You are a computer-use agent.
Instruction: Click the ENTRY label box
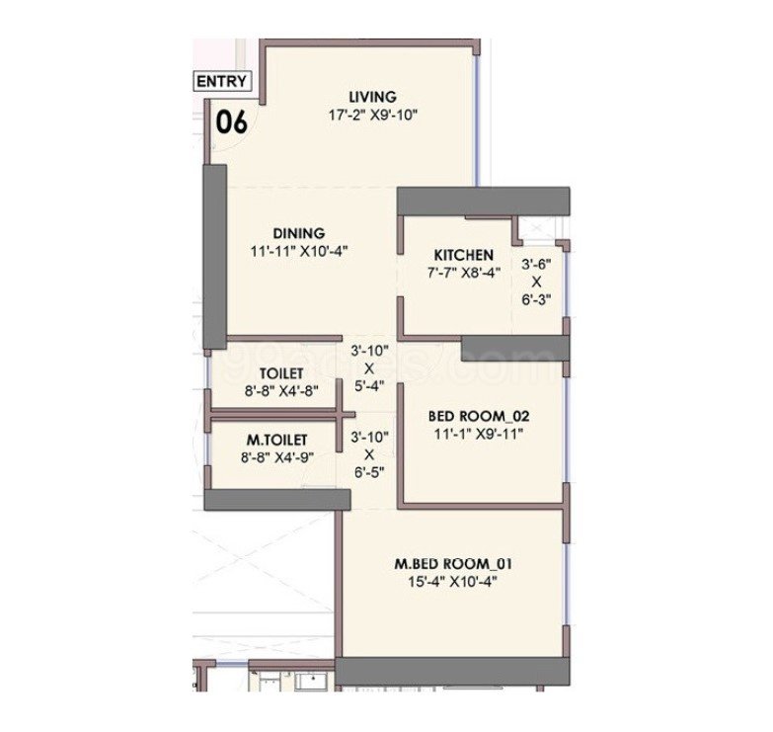222,81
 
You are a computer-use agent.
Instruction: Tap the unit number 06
232,122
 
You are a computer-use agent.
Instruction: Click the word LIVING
373,97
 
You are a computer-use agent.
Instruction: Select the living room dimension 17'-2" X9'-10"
373,116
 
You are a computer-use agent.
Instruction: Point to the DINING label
299,233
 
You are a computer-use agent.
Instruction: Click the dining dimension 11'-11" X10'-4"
299,252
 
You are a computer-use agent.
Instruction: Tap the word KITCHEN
463,255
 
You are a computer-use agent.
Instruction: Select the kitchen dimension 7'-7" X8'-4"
464,273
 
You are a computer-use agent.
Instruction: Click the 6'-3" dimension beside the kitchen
536,299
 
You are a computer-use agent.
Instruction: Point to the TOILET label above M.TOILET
281,373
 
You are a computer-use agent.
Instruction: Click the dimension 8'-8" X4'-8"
281,391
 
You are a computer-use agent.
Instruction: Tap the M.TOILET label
277,440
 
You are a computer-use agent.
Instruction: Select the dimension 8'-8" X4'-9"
277,457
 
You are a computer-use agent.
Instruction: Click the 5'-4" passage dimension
369,386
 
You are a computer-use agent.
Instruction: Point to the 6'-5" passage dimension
369,473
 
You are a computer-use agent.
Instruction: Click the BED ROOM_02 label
479,416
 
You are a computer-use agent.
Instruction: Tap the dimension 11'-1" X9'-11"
479,435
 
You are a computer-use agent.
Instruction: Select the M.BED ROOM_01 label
453,563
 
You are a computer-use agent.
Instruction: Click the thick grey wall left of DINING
215,257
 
